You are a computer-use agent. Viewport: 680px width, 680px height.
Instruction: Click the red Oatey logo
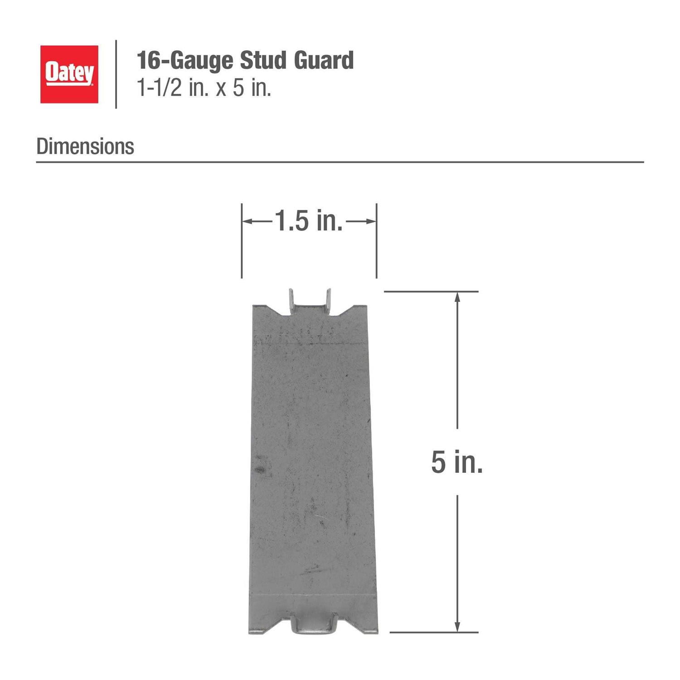pyautogui.click(x=69, y=74)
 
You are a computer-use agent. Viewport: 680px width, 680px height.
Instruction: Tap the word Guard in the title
pyautogui.click(x=324, y=60)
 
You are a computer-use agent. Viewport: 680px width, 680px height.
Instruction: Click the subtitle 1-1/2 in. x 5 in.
pyautogui.click(x=204, y=87)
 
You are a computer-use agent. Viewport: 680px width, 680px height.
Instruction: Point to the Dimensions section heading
pyautogui.click(x=85, y=146)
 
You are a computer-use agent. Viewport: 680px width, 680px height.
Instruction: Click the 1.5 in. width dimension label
pyautogui.click(x=309, y=221)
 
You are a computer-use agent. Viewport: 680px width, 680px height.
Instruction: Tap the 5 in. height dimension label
pyautogui.click(x=457, y=462)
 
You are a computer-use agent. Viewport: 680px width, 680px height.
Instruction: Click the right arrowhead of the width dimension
pyautogui.click(x=371, y=221)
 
